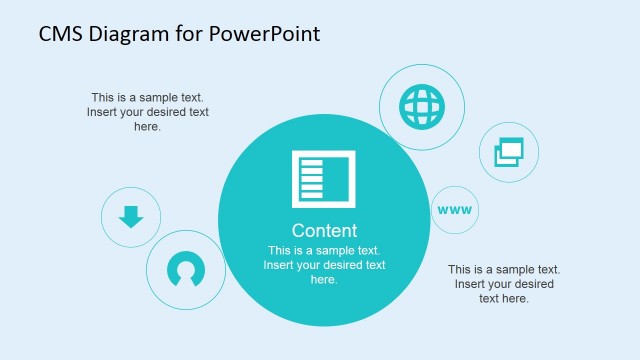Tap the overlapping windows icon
click(510, 153)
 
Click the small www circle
click(455, 210)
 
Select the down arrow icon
click(131, 216)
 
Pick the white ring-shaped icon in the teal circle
click(185, 270)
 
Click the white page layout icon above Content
click(323, 179)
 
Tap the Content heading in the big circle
click(324, 230)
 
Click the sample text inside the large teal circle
click(324, 265)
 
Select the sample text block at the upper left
click(147, 112)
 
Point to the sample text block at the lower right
click(503, 284)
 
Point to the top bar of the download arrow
click(131, 209)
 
